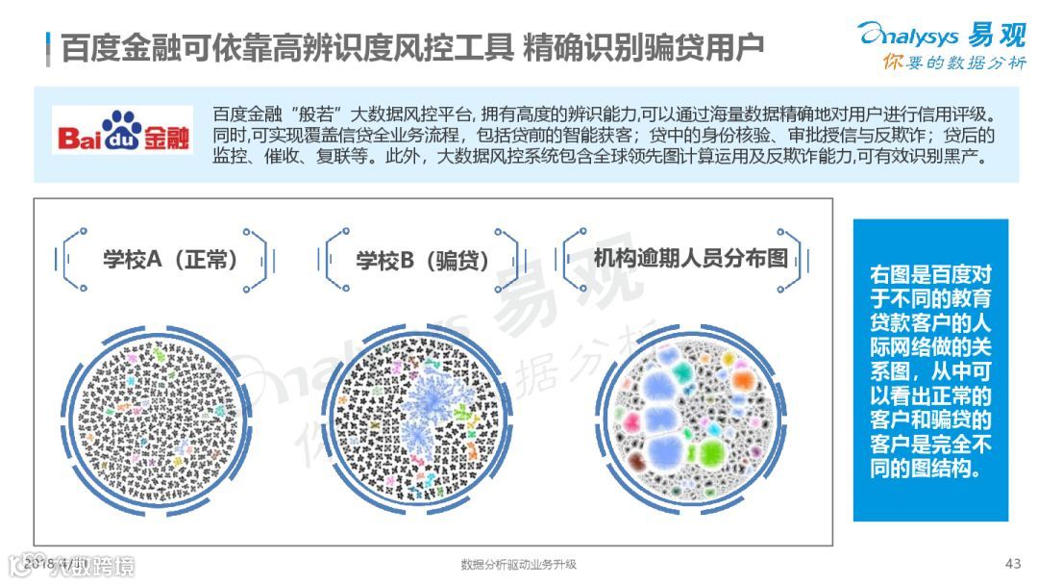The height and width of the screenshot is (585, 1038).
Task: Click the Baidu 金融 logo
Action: [x=123, y=134]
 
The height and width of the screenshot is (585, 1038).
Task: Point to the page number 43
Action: [x=1011, y=563]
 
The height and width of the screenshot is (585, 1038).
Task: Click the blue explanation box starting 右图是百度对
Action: [x=930, y=370]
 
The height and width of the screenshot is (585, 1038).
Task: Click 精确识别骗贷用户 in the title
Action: [x=644, y=45]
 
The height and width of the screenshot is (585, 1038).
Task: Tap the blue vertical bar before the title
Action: [x=48, y=45]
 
